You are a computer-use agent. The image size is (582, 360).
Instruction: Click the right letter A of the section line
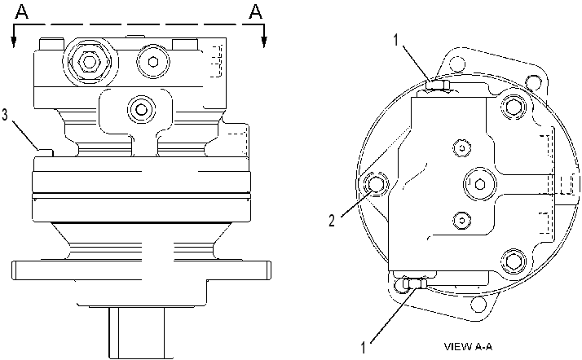click(255, 11)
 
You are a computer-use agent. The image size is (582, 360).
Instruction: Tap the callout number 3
click(4, 115)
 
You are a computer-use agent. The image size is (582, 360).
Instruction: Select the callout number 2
click(332, 221)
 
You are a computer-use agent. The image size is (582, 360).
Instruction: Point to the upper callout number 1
click(396, 40)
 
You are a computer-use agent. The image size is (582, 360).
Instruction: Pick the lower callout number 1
click(364, 348)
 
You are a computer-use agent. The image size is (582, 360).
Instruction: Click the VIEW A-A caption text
click(468, 347)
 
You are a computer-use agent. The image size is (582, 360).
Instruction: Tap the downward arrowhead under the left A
click(14, 42)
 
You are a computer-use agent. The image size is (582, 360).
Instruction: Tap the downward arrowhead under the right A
click(264, 42)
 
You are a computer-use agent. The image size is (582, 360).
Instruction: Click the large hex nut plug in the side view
click(89, 62)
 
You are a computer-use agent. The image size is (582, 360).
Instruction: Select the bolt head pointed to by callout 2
click(375, 184)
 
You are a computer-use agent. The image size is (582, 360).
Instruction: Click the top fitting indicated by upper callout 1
click(438, 86)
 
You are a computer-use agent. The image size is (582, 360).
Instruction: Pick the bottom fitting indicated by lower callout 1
click(416, 283)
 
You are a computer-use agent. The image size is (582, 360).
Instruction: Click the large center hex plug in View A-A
click(479, 183)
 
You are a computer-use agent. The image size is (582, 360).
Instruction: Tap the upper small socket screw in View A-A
click(461, 147)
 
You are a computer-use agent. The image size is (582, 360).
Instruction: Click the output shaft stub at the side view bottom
click(137, 331)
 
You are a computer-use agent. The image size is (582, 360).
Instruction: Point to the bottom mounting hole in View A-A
click(478, 304)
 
